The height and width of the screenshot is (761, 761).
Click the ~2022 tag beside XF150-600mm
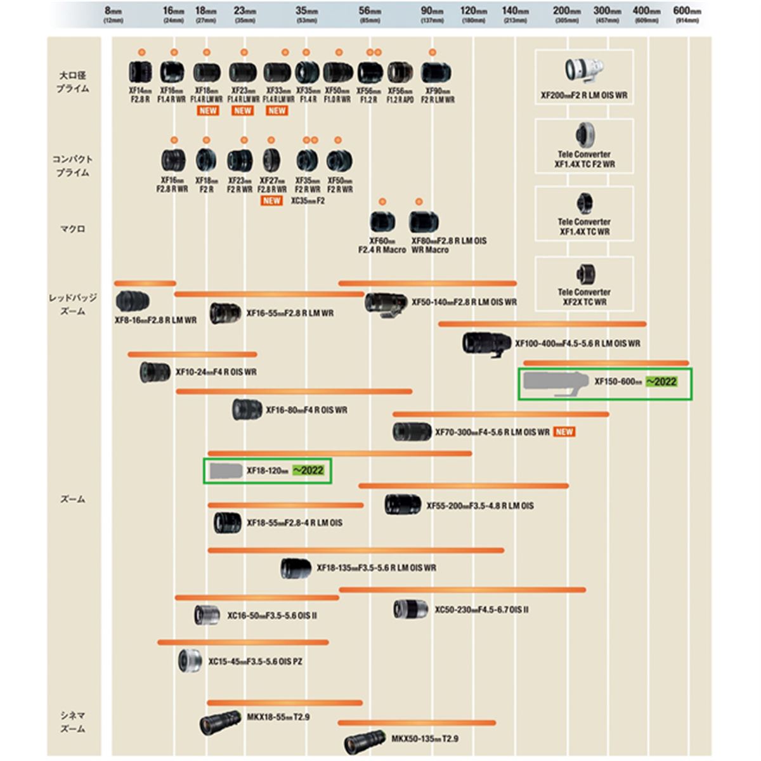(661, 382)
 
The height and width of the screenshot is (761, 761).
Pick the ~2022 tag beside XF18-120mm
(308, 471)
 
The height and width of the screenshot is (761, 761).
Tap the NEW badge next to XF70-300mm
(564, 432)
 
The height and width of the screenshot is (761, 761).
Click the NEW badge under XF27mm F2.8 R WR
(271, 201)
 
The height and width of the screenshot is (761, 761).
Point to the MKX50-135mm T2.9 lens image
(365, 740)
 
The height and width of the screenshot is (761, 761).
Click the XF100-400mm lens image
(486, 343)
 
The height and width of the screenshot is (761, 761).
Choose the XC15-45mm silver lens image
(190, 661)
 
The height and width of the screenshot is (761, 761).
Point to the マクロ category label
(72, 229)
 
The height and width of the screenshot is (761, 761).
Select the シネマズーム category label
(72, 722)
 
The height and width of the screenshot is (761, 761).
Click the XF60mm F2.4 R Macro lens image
(382, 222)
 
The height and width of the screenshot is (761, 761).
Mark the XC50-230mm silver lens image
(410, 609)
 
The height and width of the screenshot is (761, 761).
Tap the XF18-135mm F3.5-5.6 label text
(376, 568)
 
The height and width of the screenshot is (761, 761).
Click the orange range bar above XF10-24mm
(192, 354)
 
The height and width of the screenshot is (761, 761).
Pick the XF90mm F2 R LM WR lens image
(435, 74)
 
